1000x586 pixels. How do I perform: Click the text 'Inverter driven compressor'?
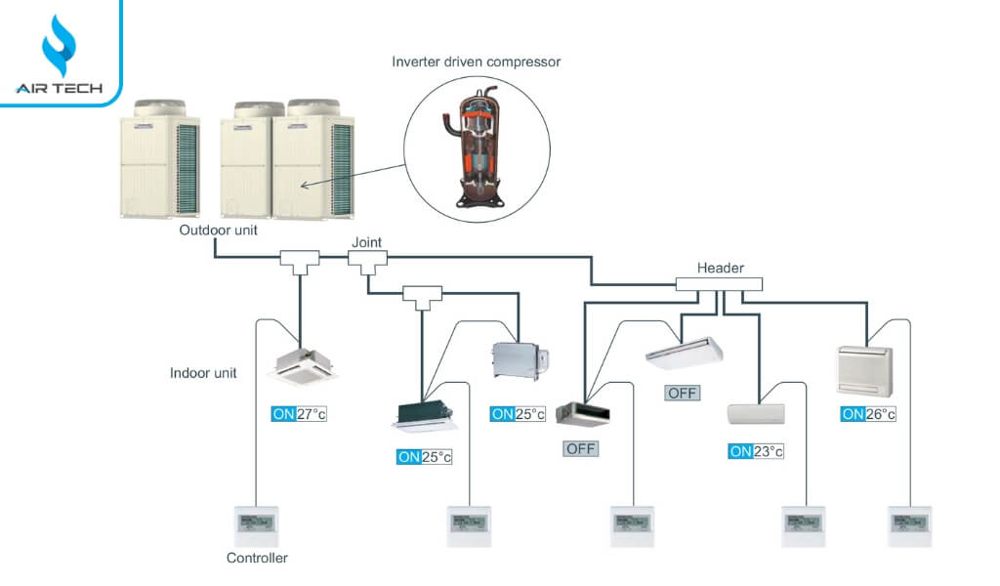tap(476, 62)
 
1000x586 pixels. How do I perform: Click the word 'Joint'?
tap(367, 241)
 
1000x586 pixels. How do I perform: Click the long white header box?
tap(719, 284)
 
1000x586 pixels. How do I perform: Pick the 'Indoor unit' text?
tap(204, 373)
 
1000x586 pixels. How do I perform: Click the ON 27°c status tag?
tap(299, 414)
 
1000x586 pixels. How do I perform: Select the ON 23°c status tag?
tap(756, 451)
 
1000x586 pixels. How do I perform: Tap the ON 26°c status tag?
tap(868, 414)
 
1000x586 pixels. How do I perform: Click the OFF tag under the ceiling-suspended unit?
tap(683, 393)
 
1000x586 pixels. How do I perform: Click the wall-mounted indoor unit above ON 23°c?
tap(757, 412)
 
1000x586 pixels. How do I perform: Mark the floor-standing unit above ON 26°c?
tap(864, 370)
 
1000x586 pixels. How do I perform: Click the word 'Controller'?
tap(258, 559)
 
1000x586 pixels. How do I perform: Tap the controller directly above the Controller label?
tap(257, 526)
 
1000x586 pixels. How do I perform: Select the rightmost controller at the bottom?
tap(908, 525)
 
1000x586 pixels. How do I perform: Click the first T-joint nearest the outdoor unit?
tap(300, 259)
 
